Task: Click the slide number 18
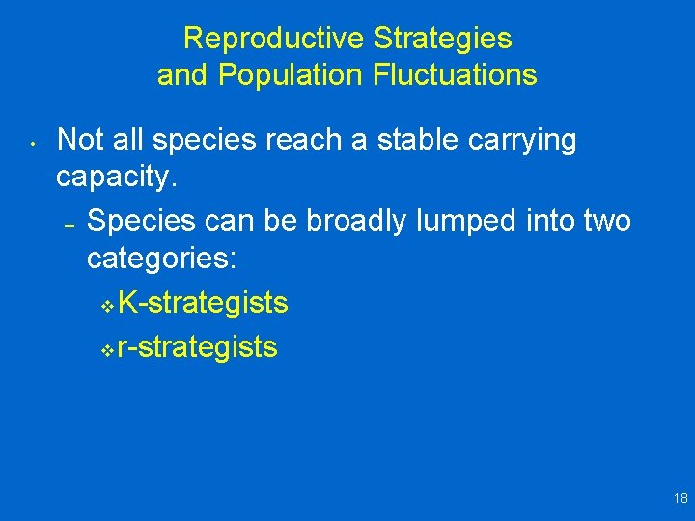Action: (x=681, y=498)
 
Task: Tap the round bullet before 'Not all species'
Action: (x=32, y=147)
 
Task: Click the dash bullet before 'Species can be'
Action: (x=69, y=224)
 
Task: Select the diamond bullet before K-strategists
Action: (x=106, y=307)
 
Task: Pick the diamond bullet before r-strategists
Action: (x=106, y=350)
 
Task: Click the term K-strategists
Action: (x=202, y=304)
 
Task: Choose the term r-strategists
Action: (x=197, y=347)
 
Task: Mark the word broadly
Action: (x=356, y=221)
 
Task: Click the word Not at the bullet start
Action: (x=81, y=140)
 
